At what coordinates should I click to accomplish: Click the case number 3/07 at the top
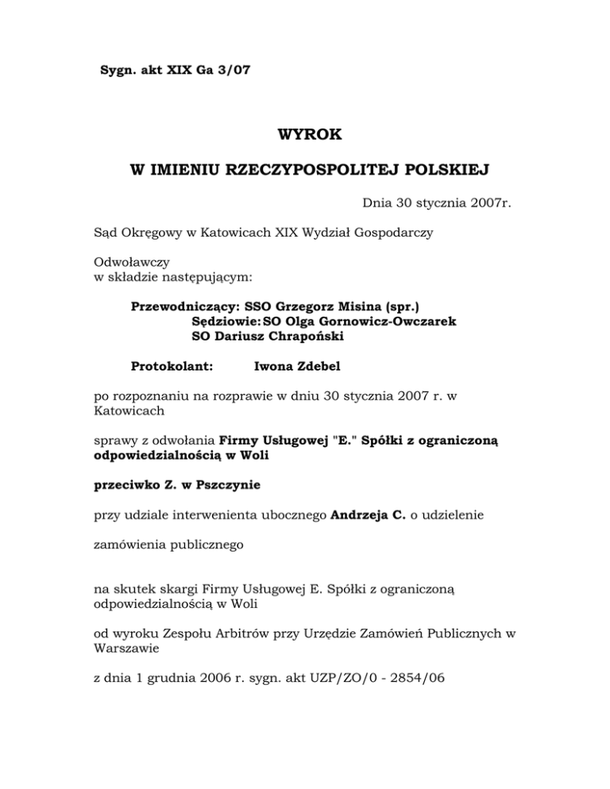[234, 70]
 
